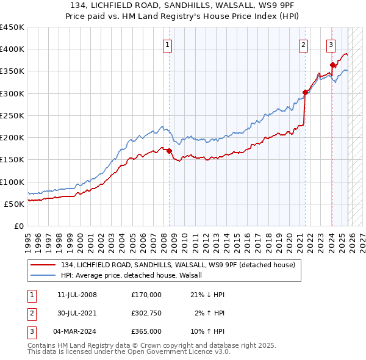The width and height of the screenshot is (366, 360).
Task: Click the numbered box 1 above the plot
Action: (x=167, y=44)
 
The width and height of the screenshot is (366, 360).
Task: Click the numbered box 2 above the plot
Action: (x=303, y=44)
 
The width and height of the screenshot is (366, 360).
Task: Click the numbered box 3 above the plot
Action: (x=331, y=44)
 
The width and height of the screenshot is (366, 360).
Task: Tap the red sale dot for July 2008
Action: (x=170, y=151)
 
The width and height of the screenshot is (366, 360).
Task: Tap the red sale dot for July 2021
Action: (x=305, y=93)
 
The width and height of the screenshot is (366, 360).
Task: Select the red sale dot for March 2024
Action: (x=332, y=65)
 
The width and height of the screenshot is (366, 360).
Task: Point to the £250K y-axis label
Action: (x=12, y=115)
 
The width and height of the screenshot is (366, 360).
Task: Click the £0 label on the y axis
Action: (x=18, y=226)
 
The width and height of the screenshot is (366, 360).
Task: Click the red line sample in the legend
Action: (x=43, y=265)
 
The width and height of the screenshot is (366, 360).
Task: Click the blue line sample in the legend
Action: (x=43, y=275)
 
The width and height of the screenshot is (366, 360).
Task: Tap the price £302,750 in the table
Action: (x=146, y=313)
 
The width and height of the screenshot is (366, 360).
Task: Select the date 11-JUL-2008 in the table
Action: (x=77, y=295)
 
